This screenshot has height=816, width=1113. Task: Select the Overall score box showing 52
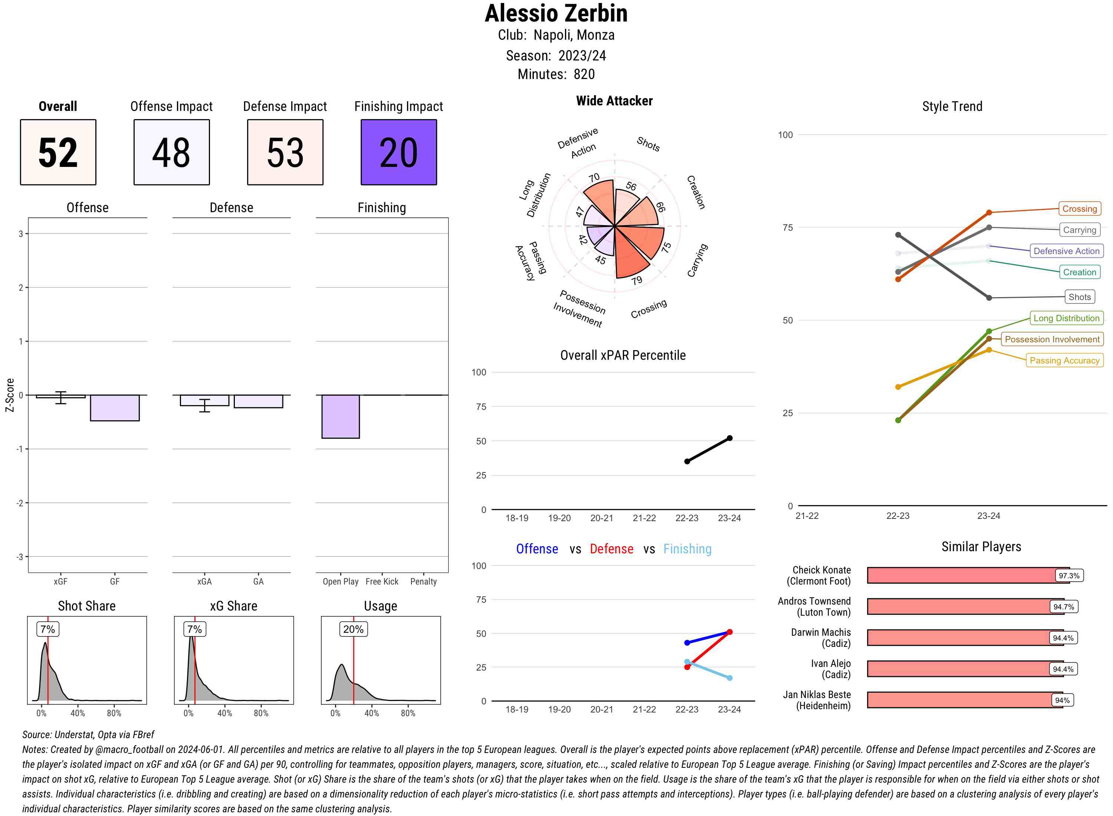point(58,152)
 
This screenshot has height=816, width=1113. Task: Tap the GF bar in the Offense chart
point(115,408)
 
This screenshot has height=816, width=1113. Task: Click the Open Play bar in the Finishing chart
point(340,417)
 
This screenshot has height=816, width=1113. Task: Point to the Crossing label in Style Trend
point(1079,208)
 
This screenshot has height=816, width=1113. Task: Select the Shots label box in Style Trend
point(1079,297)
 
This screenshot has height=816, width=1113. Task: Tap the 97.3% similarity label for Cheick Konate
point(1069,575)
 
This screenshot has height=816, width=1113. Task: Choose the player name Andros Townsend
point(814,601)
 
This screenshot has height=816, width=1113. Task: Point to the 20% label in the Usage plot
point(353,629)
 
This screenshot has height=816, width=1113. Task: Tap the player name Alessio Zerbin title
point(556,13)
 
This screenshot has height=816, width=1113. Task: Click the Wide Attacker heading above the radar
point(614,101)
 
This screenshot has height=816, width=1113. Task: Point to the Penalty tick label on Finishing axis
point(423,581)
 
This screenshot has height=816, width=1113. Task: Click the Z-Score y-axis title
point(9,395)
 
